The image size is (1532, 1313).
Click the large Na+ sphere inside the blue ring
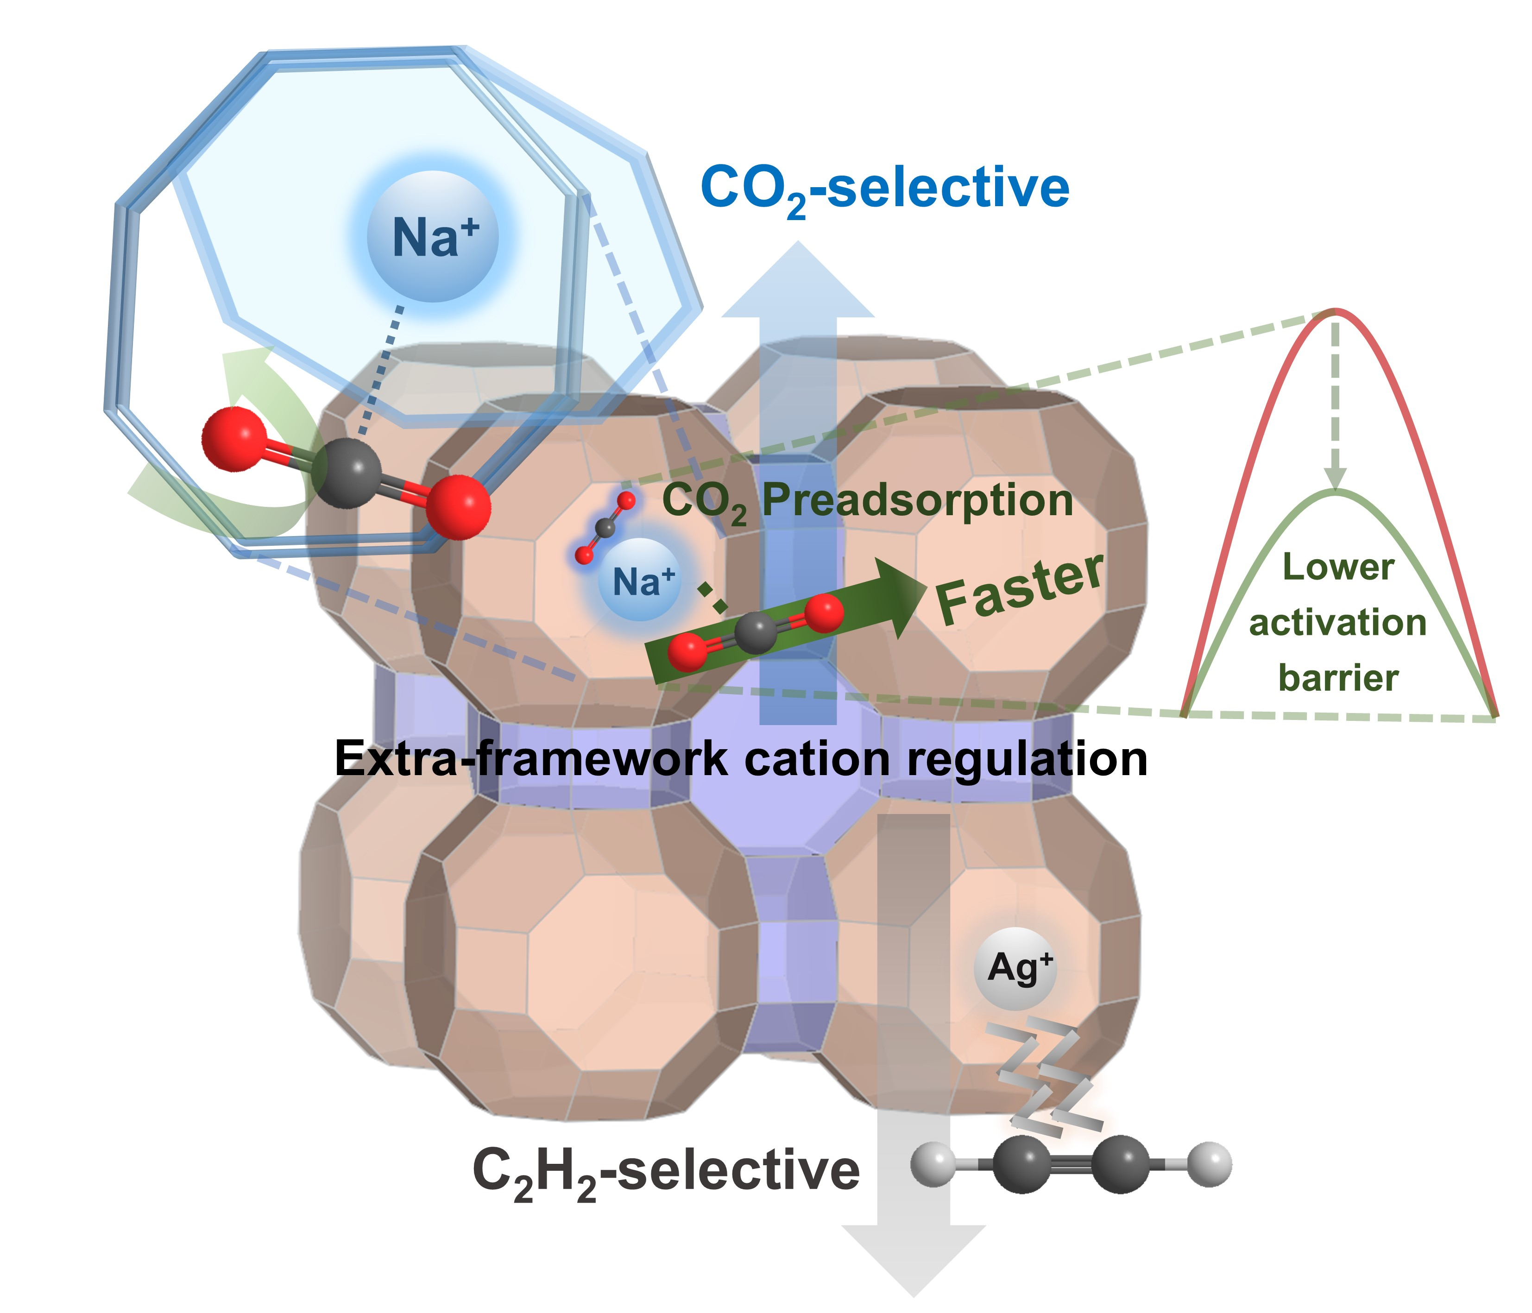[433, 237]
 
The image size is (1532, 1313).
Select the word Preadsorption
[917, 500]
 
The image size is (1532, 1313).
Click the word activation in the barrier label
[1337, 623]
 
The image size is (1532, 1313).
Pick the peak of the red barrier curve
[1335, 310]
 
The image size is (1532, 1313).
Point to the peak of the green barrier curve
[1335, 492]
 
